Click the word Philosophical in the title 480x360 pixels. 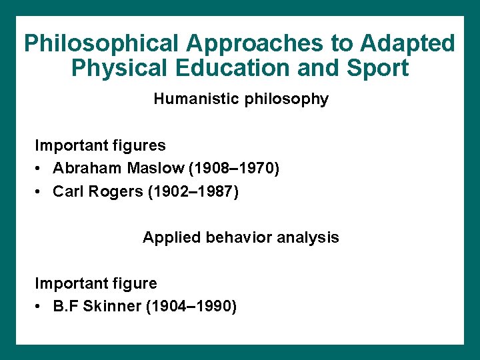[102, 44]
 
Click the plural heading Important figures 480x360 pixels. [100, 145]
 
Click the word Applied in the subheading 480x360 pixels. [167, 237]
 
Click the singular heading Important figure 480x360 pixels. [96, 283]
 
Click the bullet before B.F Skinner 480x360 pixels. [40, 307]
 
